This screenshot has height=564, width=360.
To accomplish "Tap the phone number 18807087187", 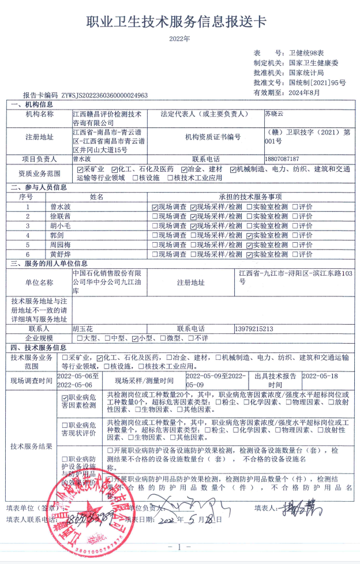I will (x=282, y=159).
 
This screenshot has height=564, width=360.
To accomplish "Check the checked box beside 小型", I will (x=135, y=338).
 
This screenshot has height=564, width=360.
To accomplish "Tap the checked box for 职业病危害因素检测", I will (x=65, y=397).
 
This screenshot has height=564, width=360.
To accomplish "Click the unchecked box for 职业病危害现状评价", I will (x=65, y=425).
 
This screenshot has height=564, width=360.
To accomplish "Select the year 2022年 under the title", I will (x=179, y=39).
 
